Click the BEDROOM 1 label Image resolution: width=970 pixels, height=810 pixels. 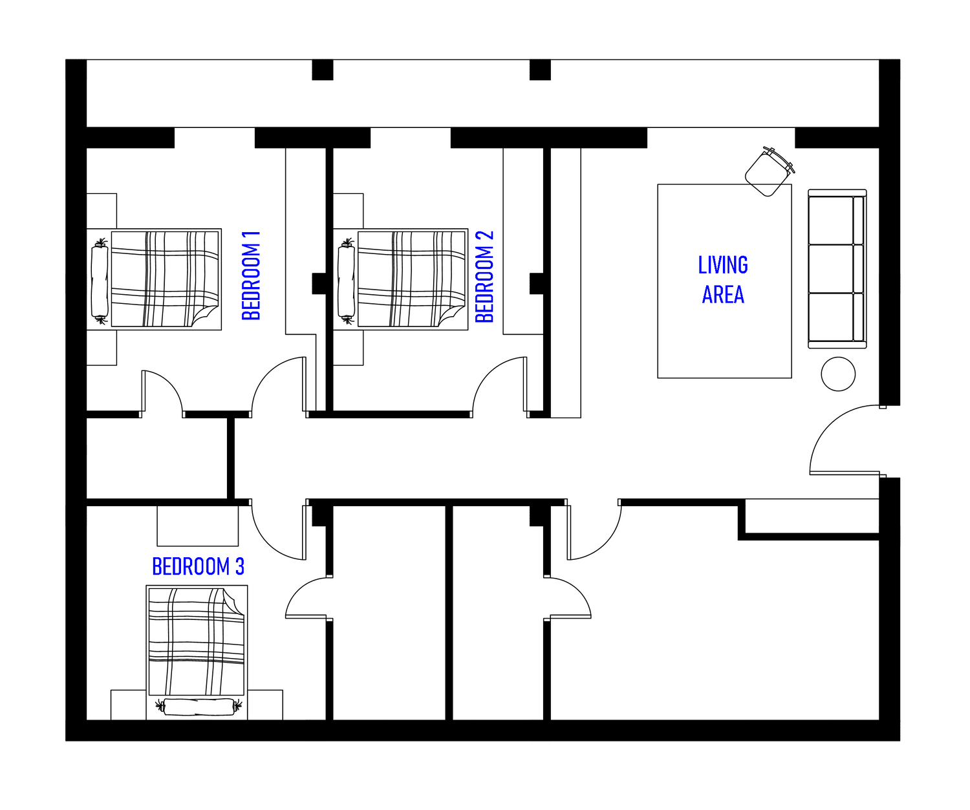(x=251, y=276)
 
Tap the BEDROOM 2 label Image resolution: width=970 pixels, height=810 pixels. (x=484, y=277)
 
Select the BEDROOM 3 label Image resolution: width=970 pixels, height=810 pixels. (x=198, y=566)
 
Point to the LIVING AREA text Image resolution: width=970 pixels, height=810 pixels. (x=723, y=280)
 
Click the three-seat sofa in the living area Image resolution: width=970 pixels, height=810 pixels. (x=837, y=269)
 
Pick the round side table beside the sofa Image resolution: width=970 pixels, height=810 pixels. (x=838, y=374)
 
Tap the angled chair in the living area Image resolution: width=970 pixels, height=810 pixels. (x=769, y=172)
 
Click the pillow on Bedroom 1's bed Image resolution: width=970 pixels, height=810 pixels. (x=100, y=281)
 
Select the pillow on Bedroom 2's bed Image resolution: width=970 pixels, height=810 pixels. (x=346, y=281)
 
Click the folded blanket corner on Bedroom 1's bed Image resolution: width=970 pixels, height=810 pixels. (x=206, y=317)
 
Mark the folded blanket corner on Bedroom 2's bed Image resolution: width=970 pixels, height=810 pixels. (x=451, y=317)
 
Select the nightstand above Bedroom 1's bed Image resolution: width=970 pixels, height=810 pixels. (x=102, y=211)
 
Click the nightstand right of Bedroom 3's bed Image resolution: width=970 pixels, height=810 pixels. (x=265, y=705)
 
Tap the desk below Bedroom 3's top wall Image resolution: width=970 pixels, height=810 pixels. (x=198, y=526)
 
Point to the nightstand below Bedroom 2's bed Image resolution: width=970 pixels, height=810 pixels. (x=349, y=348)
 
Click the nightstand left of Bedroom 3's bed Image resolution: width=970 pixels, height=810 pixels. (x=128, y=705)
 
